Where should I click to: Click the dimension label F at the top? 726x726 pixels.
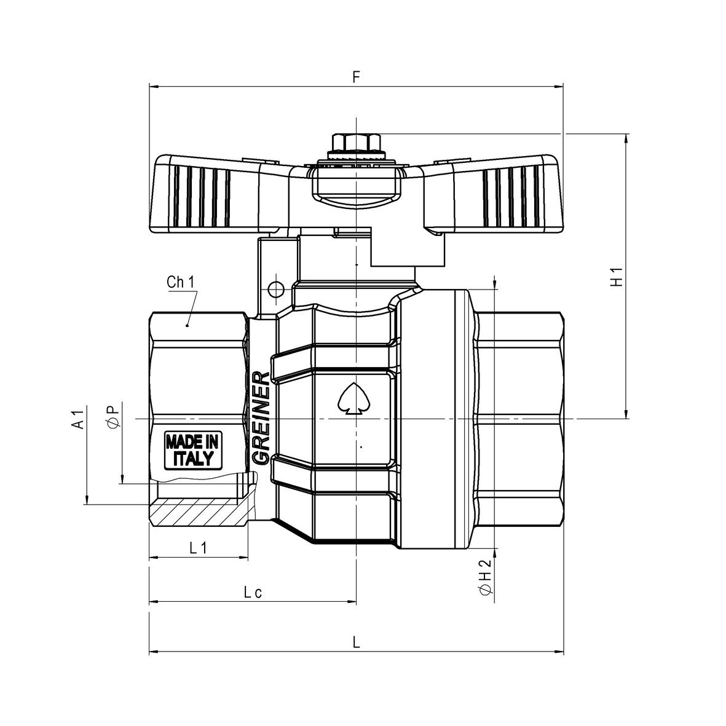355,77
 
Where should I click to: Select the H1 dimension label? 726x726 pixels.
617,277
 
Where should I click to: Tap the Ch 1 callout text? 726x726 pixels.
181,282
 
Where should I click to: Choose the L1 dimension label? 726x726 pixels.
198,548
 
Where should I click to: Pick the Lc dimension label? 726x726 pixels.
253,592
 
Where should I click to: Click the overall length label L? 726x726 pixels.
356,642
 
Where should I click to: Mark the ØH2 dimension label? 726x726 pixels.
485,577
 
